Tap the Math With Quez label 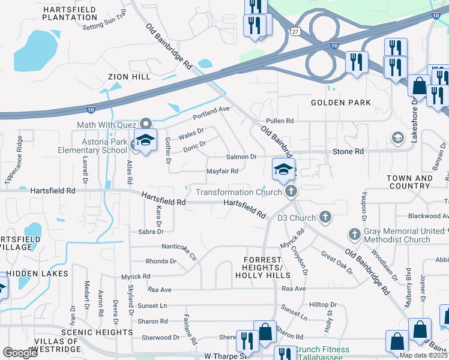[x=107, y=125]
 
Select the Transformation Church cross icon [x=291, y=192]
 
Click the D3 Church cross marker [x=325, y=217]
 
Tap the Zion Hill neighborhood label [x=129, y=77]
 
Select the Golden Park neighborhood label [x=341, y=103]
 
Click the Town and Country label [x=410, y=182]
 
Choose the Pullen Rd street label [x=280, y=121]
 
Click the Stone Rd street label [x=348, y=152]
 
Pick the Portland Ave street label [x=211, y=110]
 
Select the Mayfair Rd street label [x=223, y=171]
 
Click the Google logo [x=20, y=353]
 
